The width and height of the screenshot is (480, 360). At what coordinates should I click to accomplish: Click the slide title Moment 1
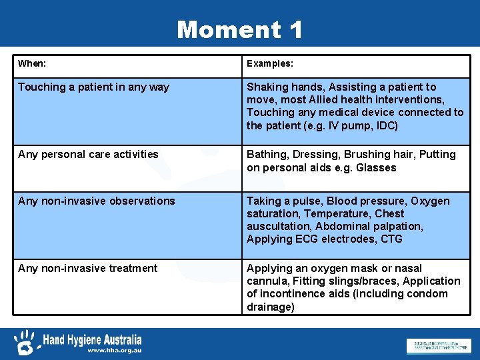[239, 29]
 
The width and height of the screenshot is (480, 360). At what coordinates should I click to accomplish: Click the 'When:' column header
[32, 64]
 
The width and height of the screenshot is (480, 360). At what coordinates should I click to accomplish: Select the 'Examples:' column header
[270, 64]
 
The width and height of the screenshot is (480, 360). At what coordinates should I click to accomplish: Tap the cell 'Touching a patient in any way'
[93, 87]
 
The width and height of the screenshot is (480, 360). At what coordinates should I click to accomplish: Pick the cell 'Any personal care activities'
[88, 155]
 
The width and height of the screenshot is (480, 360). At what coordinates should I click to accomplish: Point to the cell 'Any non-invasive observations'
[97, 201]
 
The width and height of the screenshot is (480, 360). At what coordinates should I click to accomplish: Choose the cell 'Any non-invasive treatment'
[88, 269]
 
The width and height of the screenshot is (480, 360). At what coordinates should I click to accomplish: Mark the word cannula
[267, 281]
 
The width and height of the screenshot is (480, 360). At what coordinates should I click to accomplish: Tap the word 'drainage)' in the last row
[271, 307]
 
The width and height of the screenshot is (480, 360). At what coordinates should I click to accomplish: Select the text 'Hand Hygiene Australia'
[92, 339]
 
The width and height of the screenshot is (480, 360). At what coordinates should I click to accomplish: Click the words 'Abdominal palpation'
[369, 227]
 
